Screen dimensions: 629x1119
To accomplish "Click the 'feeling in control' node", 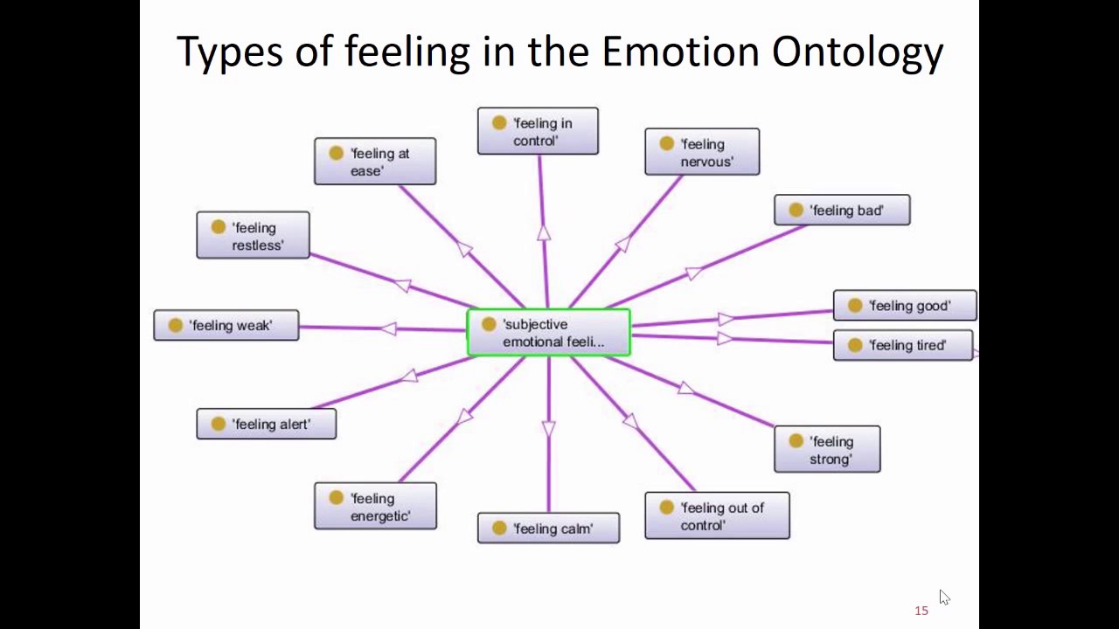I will (538, 131).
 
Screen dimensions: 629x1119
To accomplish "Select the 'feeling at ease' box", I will (375, 162).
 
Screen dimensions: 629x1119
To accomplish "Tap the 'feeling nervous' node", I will (702, 152).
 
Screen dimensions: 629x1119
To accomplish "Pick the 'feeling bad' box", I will (842, 210).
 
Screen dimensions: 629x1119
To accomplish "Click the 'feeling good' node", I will (905, 306).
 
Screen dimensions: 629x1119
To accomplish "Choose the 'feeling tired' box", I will (903, 345).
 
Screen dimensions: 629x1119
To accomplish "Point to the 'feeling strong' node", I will (827, 449).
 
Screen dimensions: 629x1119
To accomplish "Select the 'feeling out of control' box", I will (717, 515).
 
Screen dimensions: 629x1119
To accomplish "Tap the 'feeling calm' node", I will (548, 528).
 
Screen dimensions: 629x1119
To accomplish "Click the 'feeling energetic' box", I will (375, 507).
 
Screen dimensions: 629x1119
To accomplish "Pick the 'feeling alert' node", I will (266, 424).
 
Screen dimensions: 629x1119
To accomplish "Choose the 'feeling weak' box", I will (226, 325).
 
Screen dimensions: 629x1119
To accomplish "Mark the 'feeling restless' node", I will (253, 236).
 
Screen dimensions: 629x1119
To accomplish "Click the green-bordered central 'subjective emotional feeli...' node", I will (549, 333).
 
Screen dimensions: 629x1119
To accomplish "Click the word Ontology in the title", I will (857, 52).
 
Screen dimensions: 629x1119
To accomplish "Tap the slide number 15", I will (921, 611).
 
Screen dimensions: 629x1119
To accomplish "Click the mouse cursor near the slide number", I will (944, 598).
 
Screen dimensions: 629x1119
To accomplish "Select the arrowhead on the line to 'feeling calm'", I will (548, 429).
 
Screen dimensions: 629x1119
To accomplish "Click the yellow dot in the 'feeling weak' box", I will (175, 325).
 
